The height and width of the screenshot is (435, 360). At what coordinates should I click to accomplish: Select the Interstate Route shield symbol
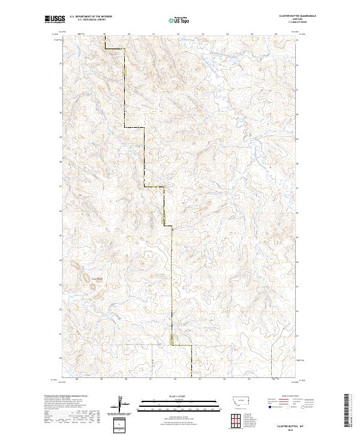point(271,406)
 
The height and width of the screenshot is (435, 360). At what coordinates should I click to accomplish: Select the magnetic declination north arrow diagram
point(120,404)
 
